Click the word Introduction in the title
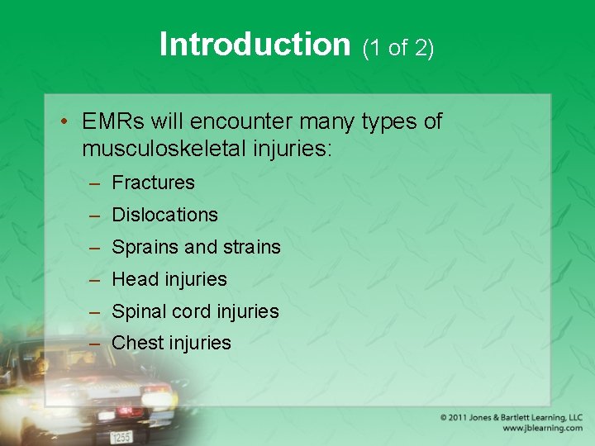[255, 45]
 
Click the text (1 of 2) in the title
[398, 48]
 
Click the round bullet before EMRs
[64, 122]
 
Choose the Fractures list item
[153, 183]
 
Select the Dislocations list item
[164, 215]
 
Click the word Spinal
[138, 311]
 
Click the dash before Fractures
[97, 183]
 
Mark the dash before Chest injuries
[97, 343]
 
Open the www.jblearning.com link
[541, 429]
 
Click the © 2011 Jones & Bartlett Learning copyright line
[511, 418]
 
